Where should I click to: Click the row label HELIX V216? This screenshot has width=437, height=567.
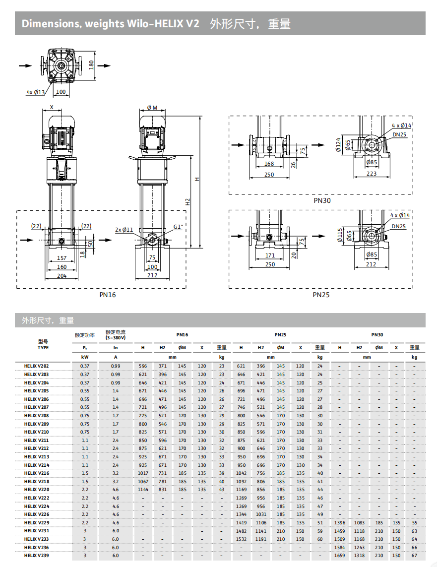36,473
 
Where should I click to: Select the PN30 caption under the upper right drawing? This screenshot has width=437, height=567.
321,201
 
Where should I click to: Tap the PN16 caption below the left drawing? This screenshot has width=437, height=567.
108,295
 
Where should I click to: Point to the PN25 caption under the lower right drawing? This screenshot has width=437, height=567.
321,295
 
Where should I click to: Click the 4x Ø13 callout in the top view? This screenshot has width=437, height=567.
36,92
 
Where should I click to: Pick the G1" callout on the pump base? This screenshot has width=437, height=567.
178,227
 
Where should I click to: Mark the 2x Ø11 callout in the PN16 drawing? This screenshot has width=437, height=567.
125,230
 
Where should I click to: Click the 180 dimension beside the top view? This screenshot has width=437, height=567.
91,65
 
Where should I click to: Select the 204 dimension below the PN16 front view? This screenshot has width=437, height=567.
62,275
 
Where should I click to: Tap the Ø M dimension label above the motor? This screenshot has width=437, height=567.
152,108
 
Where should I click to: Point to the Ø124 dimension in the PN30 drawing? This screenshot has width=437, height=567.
338,144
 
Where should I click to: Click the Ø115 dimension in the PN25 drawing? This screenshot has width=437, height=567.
339,235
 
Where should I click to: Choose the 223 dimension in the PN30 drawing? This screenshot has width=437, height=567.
372,174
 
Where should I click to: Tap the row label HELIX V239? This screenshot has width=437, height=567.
36,556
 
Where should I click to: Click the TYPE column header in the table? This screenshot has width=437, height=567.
43,348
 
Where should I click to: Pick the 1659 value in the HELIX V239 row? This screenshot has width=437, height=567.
340,556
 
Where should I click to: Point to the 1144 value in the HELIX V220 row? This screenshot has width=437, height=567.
142,490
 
